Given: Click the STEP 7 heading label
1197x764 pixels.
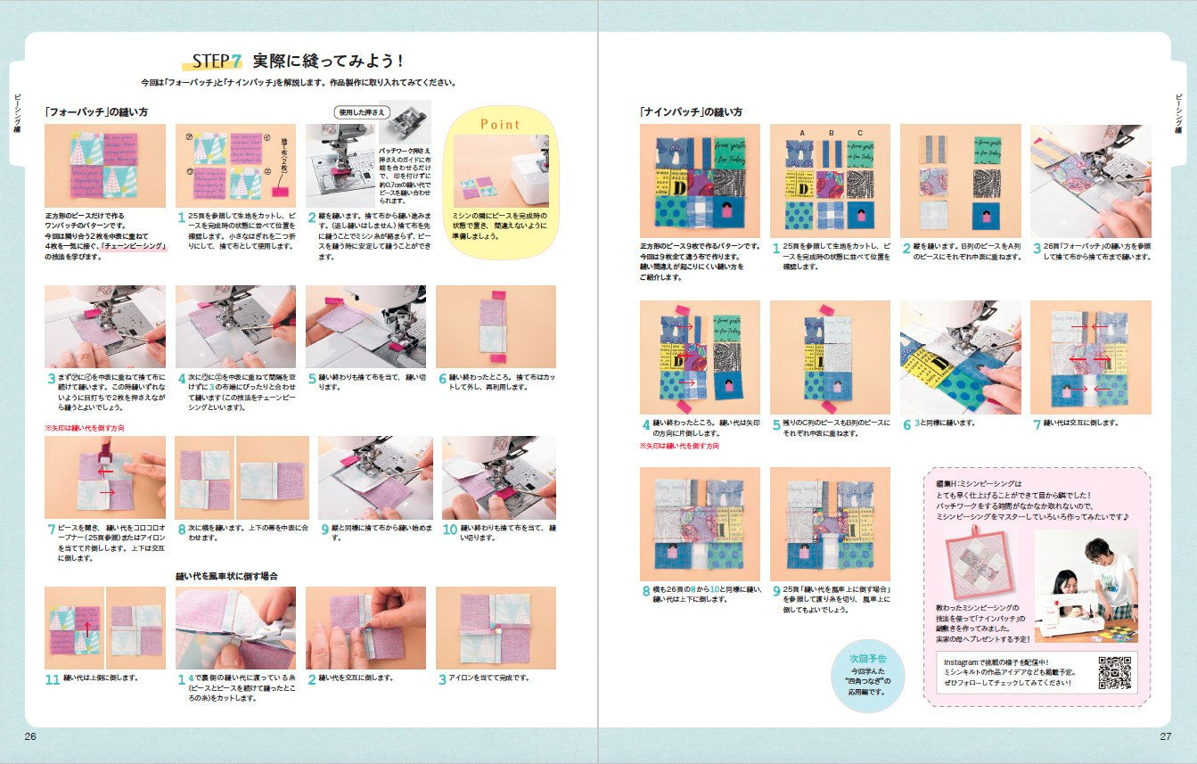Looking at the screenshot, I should (x=217, y=62).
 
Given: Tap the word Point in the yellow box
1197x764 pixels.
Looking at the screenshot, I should (x=500, y=124).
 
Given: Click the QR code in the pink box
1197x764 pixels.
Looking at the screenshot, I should (x=1114, y=672).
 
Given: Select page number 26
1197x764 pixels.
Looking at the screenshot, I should (x=30, y=736).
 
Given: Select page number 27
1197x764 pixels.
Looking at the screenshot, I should (x=1165, y=736).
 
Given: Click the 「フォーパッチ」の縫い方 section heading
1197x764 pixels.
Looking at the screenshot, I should (x=96, y=112).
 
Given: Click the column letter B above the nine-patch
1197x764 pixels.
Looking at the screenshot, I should (x=831, y=133).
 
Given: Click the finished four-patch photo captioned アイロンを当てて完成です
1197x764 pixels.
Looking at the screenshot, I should (x=496, y=628).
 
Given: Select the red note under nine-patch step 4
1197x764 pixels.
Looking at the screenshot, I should (x=679, y=446).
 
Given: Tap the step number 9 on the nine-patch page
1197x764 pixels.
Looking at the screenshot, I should (x=776, y=590).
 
